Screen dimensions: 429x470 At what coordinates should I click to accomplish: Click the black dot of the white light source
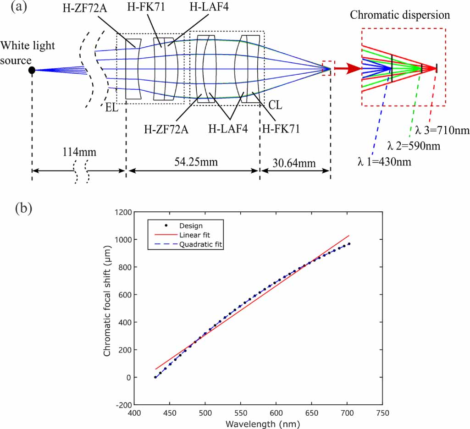point(32,70)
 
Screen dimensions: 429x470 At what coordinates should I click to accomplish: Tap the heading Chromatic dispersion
point(400,15)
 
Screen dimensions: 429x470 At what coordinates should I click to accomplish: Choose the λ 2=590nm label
point(415,146)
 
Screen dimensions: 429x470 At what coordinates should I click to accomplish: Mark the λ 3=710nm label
point(442,131)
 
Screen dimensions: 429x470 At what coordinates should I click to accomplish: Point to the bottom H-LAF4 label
point(228,129)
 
